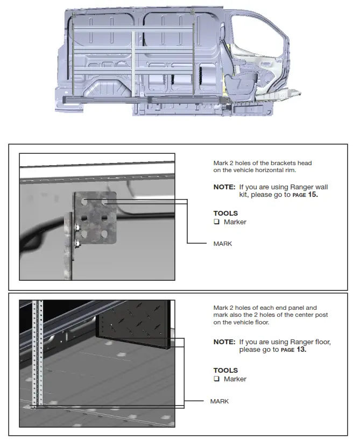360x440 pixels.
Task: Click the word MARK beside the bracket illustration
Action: tap(222, 244)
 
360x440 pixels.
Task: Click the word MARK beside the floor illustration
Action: tap(220, 401)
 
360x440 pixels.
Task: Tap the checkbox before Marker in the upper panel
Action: tap(216, 222)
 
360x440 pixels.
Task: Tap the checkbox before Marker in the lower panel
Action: tap(216, 379)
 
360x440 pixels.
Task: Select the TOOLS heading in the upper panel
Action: tap(225, 213)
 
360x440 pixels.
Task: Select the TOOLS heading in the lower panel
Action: tap(225, 370)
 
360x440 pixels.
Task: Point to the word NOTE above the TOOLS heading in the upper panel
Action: tap(224, 187)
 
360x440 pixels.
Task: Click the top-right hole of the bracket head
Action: tap(105, 203)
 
